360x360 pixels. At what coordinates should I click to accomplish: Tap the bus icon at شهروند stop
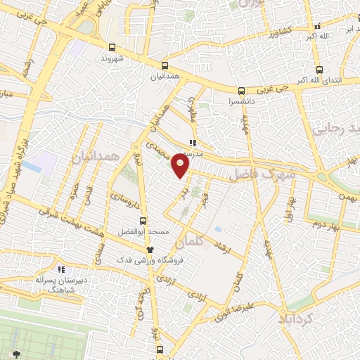click(x=112, y=48)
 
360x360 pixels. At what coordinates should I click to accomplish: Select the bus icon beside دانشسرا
click(x=241, y=91)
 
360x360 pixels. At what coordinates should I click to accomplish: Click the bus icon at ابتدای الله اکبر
click(x=319, y=70)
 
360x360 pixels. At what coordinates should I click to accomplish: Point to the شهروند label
click(x=111, y=58)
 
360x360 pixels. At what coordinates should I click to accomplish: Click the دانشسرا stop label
click(x=241, y=101)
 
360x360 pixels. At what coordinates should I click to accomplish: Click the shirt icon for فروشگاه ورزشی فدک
click(x=149, y=250)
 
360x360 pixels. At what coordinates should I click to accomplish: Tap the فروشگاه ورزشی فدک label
click(x=179, y=259)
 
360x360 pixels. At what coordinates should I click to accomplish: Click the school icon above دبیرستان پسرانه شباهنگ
click(x=61, y=269)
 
